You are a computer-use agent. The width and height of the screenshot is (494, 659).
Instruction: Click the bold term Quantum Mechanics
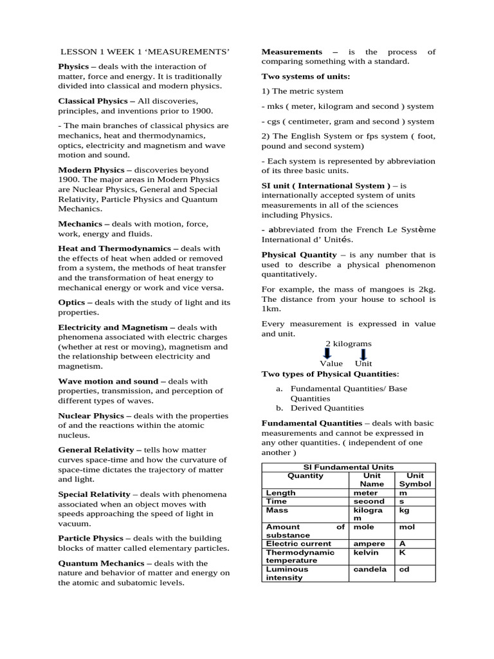point(98,563)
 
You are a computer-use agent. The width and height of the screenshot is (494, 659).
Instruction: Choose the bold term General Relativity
point(96,450)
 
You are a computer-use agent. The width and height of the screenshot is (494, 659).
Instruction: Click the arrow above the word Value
point(327,354)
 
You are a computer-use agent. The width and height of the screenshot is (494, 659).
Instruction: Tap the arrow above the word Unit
point(363,354)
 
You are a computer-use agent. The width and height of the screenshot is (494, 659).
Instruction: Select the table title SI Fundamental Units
point(348,467)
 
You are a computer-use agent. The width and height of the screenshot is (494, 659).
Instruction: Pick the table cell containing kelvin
point(365,552)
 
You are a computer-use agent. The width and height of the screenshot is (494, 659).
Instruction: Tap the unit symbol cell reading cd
point(405,569)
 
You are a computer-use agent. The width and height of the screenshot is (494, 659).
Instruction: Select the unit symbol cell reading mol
point(407,526)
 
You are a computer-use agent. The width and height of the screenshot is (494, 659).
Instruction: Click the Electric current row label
point(298,544)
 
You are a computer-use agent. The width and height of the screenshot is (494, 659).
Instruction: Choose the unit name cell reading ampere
point(369,544)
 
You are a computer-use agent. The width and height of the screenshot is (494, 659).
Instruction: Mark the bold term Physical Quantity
point(299,255)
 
